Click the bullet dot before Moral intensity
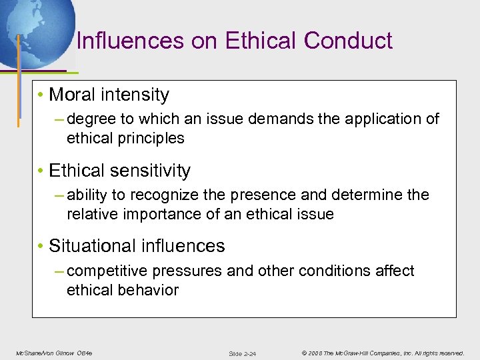[41, 95]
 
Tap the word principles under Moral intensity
[152, 139]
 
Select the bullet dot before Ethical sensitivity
[41, 171]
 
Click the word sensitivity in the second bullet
[149, 171]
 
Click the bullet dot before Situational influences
[41, 247]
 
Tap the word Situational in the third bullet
[90, 246]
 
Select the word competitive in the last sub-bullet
[108, 271]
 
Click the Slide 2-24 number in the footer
[242, 353]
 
